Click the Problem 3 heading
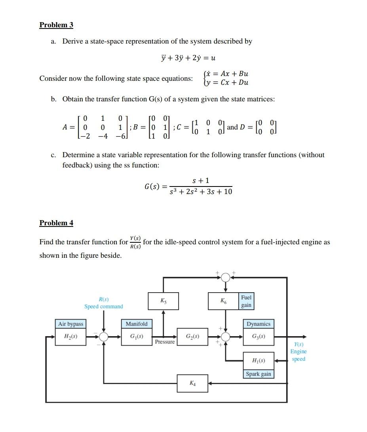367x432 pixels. pos(56,25)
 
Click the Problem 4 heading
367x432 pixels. pos(56,223)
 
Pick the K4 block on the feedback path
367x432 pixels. pos(192,383)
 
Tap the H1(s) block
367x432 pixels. pos(259,361)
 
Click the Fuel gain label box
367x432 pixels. pos(246,301)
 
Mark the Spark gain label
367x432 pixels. pos(259,374)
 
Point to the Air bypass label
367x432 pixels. pos(70,324)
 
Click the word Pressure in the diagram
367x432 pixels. pos(165,342)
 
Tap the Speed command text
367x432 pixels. pos(104,306)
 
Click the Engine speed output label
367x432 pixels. pos(298,352)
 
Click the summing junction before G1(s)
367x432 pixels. pos(104,337)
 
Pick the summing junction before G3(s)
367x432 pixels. pos(225,337)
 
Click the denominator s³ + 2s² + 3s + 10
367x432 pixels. pos(201,192)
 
